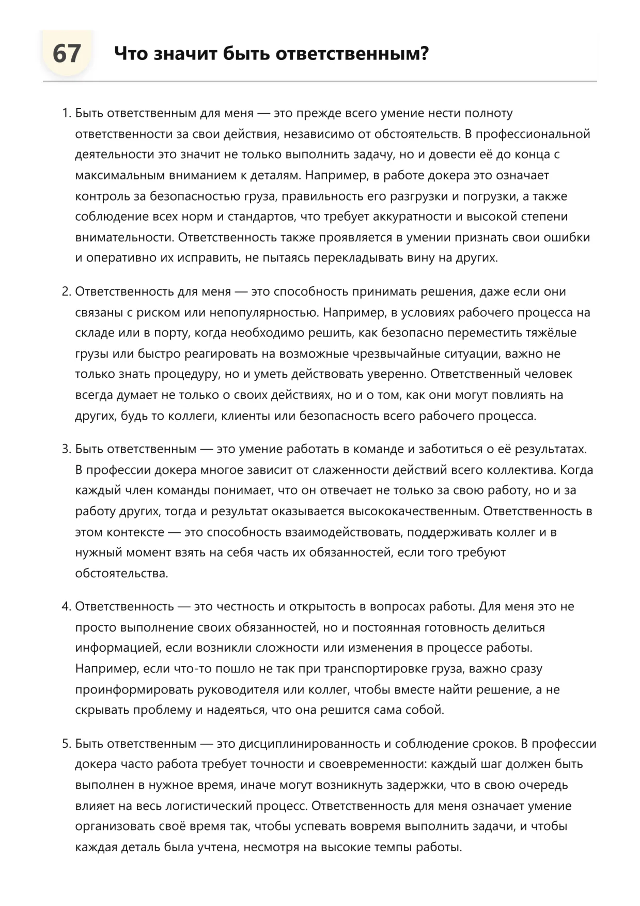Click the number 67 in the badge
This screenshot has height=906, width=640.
coord(67,54)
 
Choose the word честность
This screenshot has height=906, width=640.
coord(245,606)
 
